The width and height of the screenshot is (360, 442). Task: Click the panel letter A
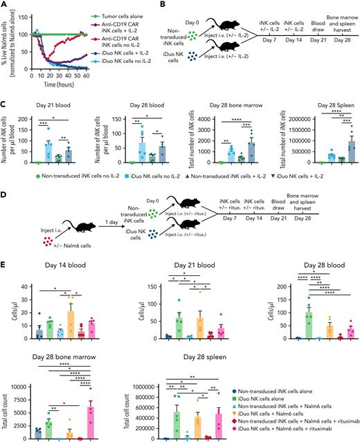(5, 5)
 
